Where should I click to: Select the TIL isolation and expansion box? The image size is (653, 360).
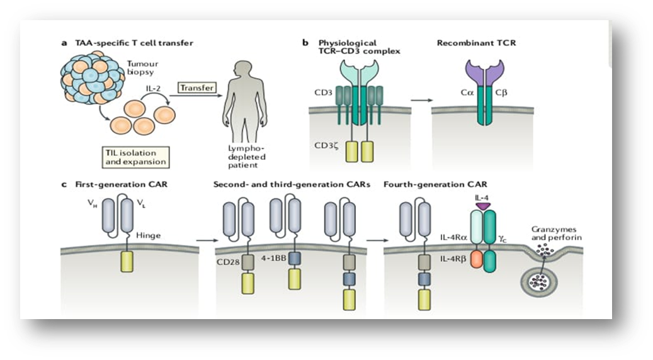pos(137,156)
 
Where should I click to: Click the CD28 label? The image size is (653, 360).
pos(225,259)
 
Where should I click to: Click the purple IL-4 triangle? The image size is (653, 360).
pos(484,206)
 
